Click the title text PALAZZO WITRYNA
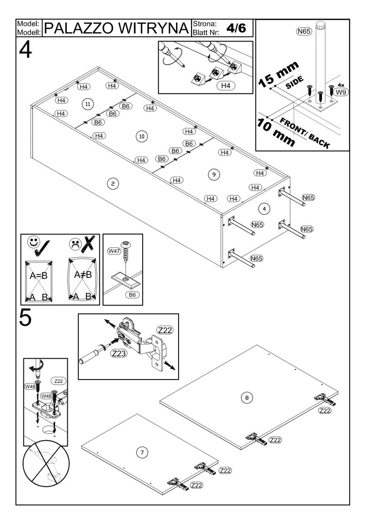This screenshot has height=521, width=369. click(x=118, y=29)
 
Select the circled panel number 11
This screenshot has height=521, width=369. click(x=88, y=104)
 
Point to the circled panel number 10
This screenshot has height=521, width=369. click(x=141, y=136)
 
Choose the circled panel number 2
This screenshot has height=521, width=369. click(x=113, y=184)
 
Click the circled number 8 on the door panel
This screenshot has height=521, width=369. click(x=247, y=397)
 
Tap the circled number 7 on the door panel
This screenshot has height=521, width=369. click(x=140, y=452)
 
